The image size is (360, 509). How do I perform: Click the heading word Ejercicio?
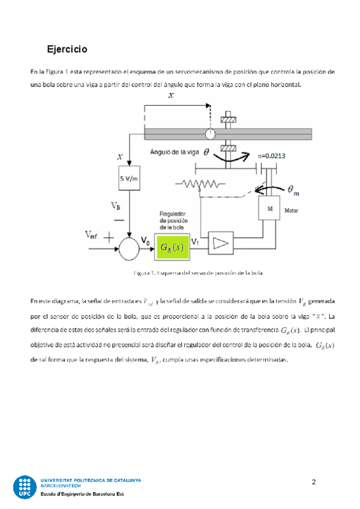pyautogui.click(x=67, y=48)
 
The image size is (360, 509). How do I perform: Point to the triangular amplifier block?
pyautogui.click(x=221, y=242)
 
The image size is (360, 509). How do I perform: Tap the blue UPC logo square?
pyautogui.click(x=25, y=487)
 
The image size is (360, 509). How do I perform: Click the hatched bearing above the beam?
pyautogui.click(x=227, y=119)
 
